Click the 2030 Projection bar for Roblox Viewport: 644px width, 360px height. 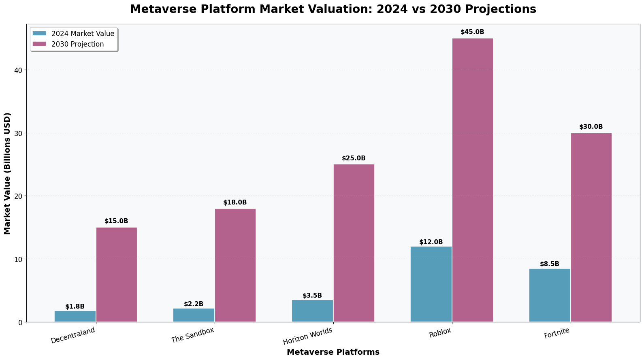point(472,180)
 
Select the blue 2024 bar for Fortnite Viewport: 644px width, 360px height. point(550,295)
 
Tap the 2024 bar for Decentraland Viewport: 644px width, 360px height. point(75,316)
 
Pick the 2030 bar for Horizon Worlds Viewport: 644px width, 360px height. point(354,243)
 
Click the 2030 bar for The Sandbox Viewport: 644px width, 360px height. point(235,265)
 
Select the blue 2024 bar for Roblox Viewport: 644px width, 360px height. point(431,284)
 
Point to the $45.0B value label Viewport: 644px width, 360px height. point(472,32)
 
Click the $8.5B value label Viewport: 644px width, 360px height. point(549,264)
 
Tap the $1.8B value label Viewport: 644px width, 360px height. point(75,307)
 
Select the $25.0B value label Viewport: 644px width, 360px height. point(354,158)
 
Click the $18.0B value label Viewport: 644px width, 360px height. point(235,202)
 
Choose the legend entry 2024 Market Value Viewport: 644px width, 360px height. point(83,34)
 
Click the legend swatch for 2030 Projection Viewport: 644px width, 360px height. point(40,44)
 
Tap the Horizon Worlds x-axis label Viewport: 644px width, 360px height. point(308,336)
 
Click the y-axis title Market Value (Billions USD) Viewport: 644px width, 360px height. point(7,173)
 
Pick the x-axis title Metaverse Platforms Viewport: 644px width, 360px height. point(333,352)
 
